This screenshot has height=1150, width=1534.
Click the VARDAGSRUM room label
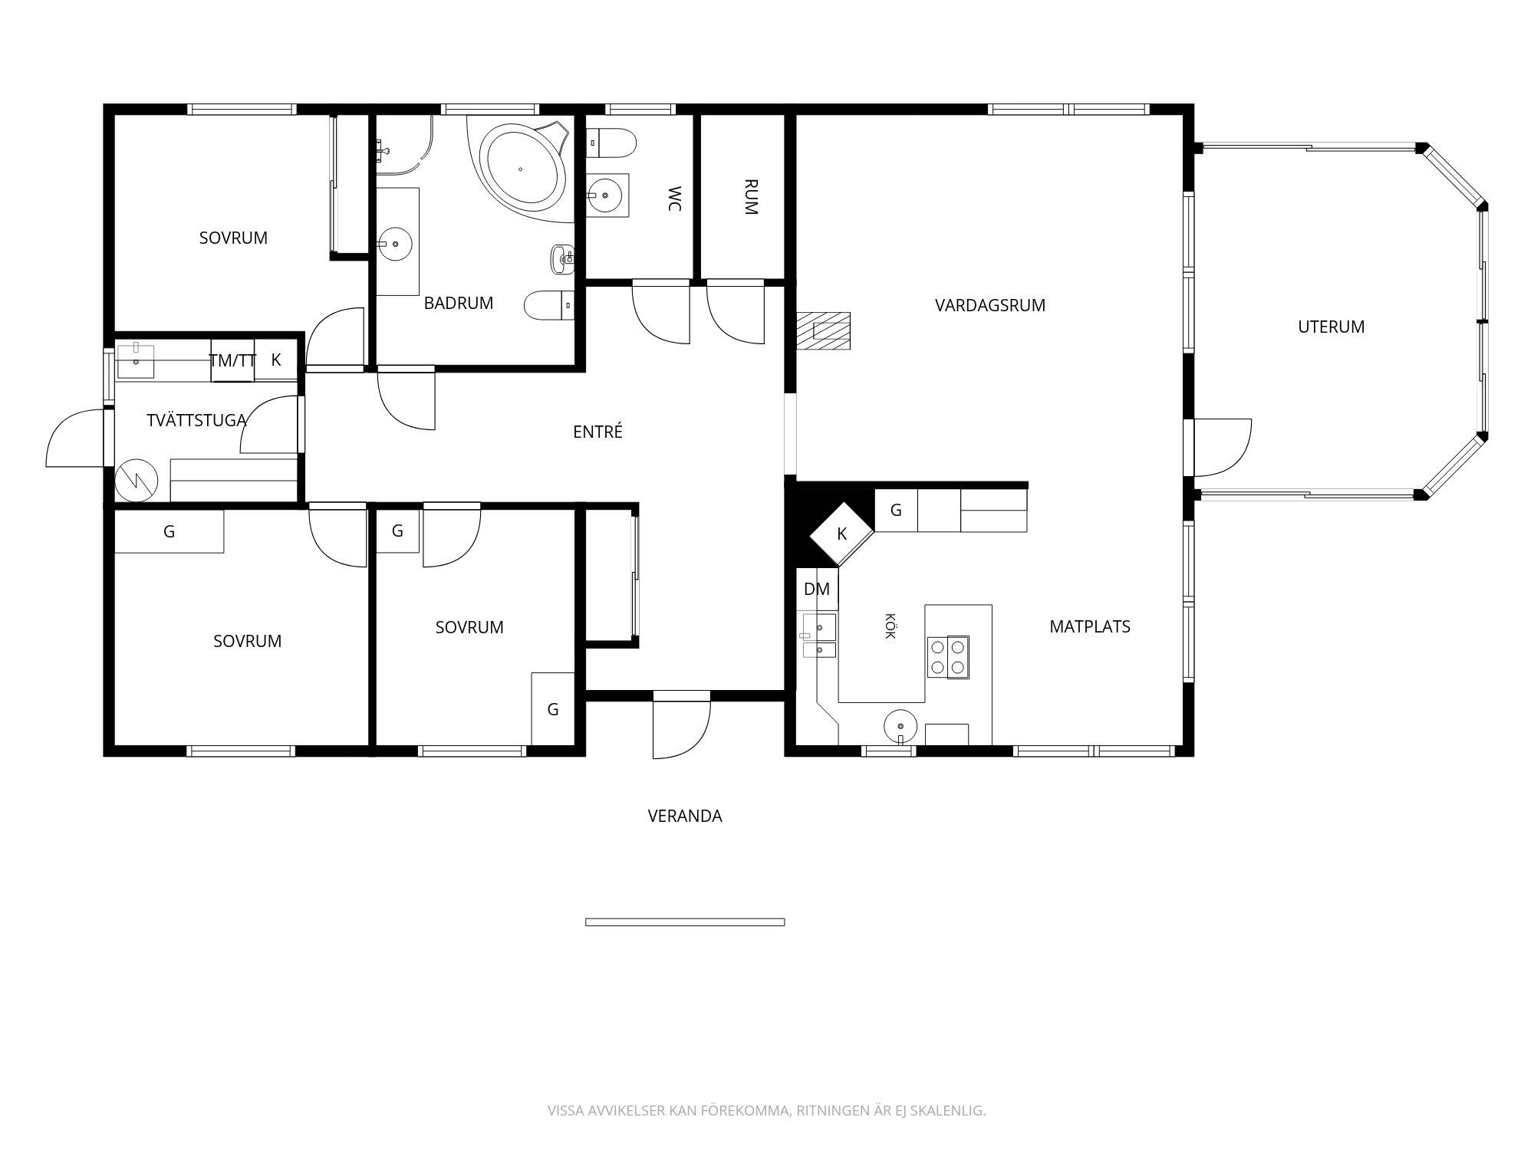tap(989, 305)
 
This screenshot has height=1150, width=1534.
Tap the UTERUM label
tap(1331, 327)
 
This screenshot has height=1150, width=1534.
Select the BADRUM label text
tap(458, 303)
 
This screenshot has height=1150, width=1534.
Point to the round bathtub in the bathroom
tap(522, 169)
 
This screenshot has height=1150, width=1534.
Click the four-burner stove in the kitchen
tap(948, 657)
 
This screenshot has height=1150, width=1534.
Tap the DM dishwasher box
tap(817, 589)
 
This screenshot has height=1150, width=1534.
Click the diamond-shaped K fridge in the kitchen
tap(842, 534)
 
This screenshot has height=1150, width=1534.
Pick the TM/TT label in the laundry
tap(232, 360)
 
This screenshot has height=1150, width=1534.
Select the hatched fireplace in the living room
tap(824, 331)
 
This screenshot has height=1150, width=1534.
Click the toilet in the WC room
tap(612, 143)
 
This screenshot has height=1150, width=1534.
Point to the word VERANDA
tap(685, 816)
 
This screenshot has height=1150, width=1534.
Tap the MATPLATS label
tap(1089, 626)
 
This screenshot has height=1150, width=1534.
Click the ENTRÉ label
tap(597, 432)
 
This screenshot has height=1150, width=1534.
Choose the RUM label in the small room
tap(751, 197)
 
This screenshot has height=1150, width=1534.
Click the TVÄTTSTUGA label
tap(196, 420)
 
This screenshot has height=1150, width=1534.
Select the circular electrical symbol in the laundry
tap(137, 481)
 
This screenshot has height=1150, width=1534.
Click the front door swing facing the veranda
tap(681, 728)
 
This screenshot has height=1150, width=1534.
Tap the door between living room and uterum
tap(1222, 448)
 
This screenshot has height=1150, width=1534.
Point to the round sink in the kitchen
tap(900, 725)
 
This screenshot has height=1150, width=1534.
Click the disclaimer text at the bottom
tap(766, 1110)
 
